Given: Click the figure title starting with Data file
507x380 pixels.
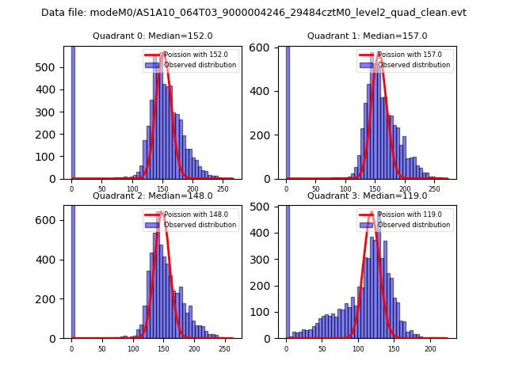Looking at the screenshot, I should coord(253,13).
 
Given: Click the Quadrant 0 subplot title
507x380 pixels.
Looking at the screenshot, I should coord(153,36).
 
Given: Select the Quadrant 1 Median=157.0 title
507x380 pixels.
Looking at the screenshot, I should coord(368,36).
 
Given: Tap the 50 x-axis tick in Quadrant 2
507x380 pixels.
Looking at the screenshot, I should coord(102,349).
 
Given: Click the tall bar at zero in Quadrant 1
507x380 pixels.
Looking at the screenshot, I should coord(288,111).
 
